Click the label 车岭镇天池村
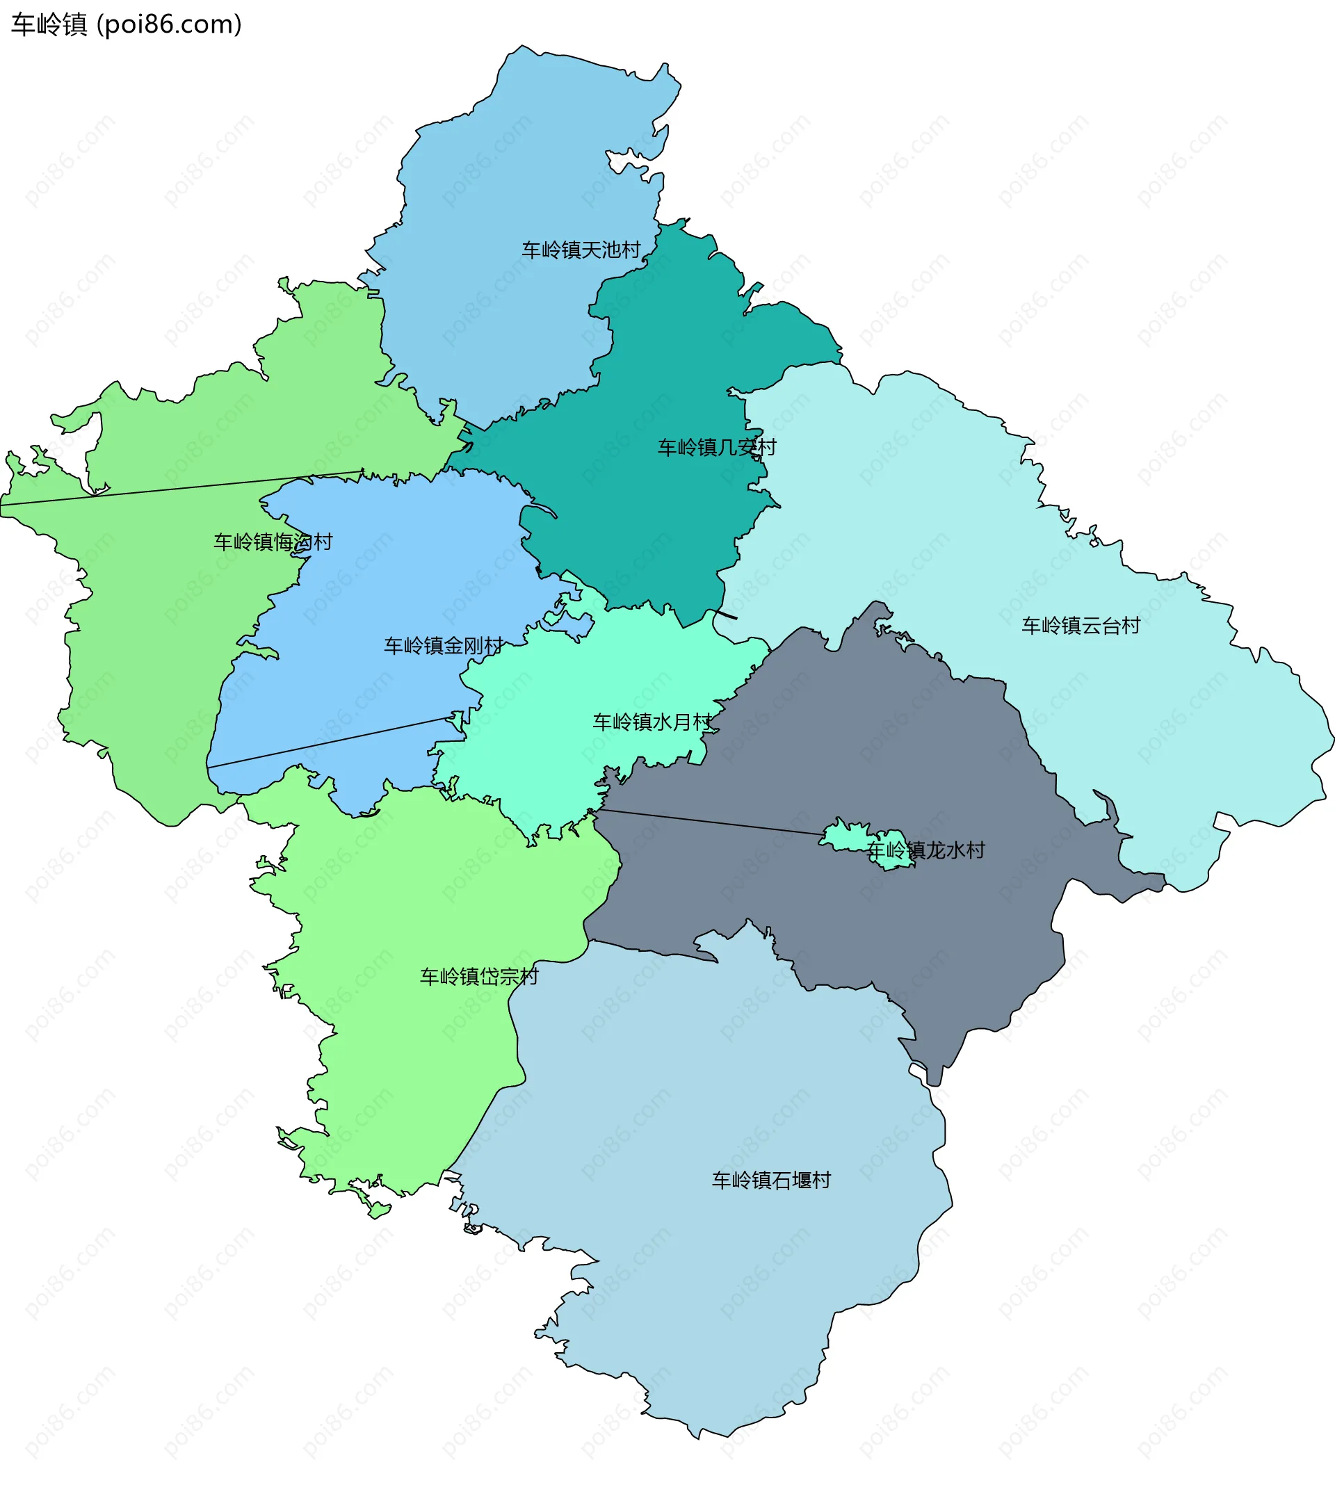coord(581,250)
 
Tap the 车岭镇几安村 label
coord(716,447)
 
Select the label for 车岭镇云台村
coord(1081,626)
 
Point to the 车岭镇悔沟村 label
coord(273,542)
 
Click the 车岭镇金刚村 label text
coord(443,645)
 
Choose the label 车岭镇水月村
coord(652,722)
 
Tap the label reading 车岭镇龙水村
coord(925,851)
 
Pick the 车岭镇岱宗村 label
coord(479,977)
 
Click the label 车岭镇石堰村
coord(771,1180)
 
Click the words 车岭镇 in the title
coord(49,25)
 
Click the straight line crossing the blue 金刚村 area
coord(330,741)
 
